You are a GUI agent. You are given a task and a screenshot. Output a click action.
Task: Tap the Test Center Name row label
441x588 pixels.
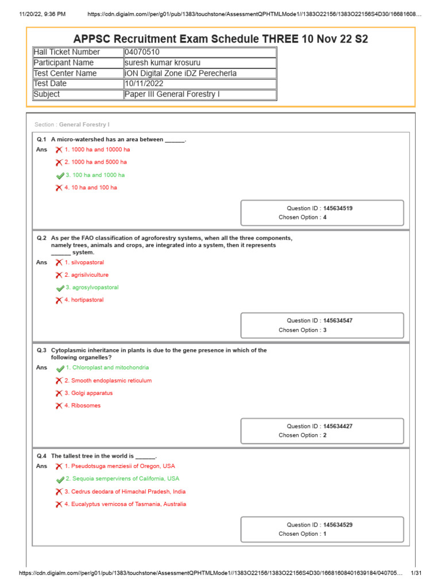(x=65, y=73)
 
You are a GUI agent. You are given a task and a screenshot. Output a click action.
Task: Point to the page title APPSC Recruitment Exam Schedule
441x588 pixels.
(x=220, y=39)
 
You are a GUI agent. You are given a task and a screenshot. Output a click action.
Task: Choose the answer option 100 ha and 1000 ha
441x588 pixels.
(x=95, y=175)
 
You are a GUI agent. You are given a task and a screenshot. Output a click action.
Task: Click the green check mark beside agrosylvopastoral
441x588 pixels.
(x=60, y=288)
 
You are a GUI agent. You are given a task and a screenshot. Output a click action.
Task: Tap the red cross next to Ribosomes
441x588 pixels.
(x=59, y=406)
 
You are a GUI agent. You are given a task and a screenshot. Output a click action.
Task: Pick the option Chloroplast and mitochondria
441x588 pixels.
(x=107, y=367)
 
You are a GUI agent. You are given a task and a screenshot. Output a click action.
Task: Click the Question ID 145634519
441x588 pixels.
(x=338, y=208)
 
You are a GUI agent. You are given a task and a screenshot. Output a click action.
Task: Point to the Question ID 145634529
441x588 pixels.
(x=338, y=525)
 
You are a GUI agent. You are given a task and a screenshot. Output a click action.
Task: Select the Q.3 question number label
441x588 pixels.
(x=41, y=350)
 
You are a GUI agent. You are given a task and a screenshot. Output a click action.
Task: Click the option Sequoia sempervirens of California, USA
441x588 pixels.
(x=122, y=478)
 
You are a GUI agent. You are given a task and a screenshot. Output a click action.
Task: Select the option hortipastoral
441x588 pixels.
(x=84, y=300)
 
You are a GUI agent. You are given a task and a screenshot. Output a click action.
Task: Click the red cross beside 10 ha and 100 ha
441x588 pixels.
(x=59, y=188)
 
